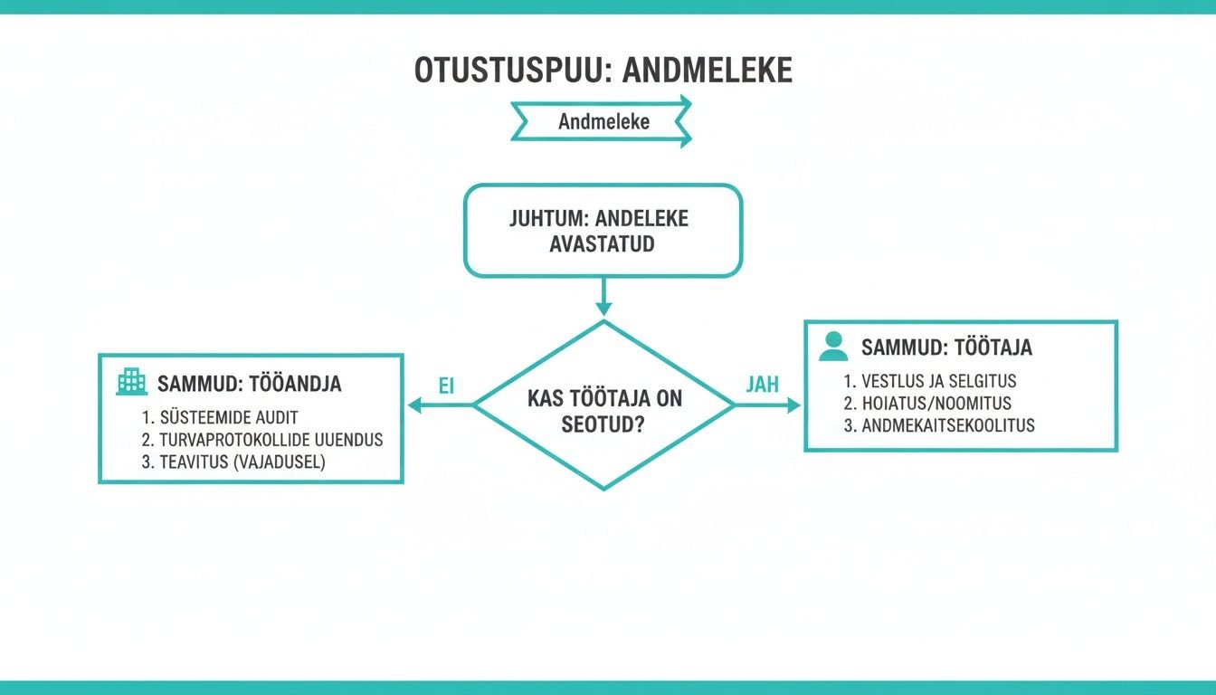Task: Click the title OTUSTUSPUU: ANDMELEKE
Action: (x=603, y=70)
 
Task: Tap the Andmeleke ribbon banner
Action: (x=603, y=121)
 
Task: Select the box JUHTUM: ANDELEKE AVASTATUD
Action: (x=603, y=230)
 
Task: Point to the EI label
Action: (x=445, y=386)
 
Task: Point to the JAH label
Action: (x=761, y=385)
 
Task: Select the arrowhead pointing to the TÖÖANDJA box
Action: (x=415, y=405)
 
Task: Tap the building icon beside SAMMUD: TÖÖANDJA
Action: (x=131, y=382)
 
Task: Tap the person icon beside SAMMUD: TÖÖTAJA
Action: (x=832, y=347)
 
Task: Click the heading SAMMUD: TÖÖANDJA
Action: (x=249, y=384)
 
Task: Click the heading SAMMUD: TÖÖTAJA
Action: (x=946, y=347)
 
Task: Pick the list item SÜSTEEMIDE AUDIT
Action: (x=220, y=417)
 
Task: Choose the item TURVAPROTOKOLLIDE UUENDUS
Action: (x=261, y=440)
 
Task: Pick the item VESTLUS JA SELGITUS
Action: (x=929, y=381)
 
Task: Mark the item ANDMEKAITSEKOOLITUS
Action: (x=939, y=425)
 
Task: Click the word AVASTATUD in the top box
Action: (x=602, y=244)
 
